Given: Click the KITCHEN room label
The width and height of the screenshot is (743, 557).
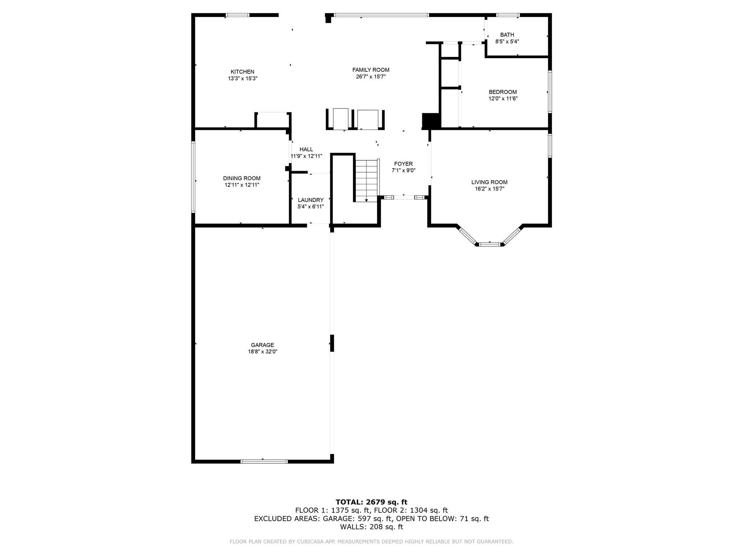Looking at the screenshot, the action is [x=242, y=72].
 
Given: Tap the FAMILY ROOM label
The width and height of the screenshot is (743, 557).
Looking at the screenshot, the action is [x=371, y=70].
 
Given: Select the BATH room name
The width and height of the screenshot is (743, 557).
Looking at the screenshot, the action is [x=507, y=35].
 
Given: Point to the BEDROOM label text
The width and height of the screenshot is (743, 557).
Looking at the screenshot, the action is [x=503, y=92].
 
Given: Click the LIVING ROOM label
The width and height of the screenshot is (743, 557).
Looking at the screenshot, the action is [x=489, y=182].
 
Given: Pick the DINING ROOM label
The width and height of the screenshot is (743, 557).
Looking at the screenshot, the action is [x=242, y=178].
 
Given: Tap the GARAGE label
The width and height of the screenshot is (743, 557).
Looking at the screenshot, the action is [x=262, y=345].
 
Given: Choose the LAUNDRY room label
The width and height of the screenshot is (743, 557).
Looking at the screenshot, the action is [x=311, y=200].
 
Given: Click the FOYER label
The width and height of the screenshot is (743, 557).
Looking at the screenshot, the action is [x=403, y=164].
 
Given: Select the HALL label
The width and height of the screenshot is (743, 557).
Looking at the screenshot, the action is [x=306, y=149].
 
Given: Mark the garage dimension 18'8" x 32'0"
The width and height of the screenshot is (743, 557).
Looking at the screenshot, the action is [x=262, y=352].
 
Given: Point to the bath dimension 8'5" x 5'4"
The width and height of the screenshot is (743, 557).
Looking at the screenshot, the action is [x=507, y=42].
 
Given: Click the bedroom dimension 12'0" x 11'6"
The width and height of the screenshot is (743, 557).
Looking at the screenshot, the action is [x=503, y=99].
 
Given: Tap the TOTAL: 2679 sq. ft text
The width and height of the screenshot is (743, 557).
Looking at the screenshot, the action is [x=371, y=502].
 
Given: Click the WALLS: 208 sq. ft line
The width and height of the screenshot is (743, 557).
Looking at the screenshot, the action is [x=371, y=527].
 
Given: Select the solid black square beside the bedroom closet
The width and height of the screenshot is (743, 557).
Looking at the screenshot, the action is [x=431, y=121].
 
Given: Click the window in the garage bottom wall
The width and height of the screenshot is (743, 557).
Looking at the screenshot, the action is [x=264, y=462].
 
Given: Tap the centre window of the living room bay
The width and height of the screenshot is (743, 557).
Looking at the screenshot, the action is [x=490, y=245].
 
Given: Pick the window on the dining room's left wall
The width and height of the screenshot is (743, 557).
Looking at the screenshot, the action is [x=193, y=177].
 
